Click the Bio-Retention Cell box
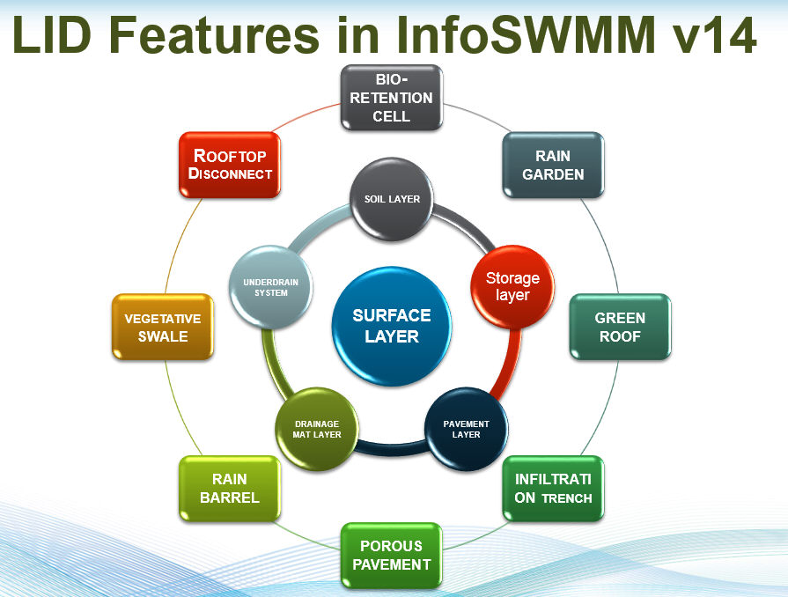tap(391, 98)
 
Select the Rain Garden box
tap(553, 165)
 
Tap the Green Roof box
tap(619, 327)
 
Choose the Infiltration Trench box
tap(553, 489)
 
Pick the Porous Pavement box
tap(391, 555)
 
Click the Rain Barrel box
tap(229, 488)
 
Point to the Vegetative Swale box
tap(163, 327)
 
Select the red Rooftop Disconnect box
tap(229, 165)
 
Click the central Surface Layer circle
tap(392, 326)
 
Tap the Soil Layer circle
tap(392, 199)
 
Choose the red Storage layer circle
tap(512, 286)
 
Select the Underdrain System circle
tap(271, 286)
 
